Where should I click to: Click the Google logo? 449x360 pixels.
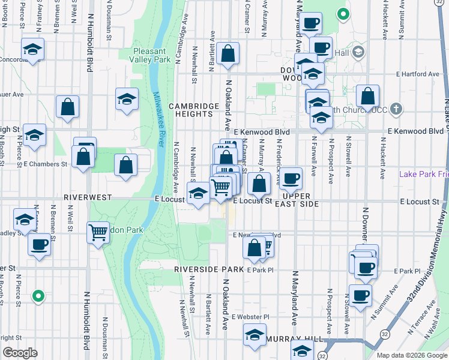pos(20,353)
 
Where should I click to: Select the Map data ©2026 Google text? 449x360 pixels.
pos(412,355)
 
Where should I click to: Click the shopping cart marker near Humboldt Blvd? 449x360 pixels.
pos(98,232)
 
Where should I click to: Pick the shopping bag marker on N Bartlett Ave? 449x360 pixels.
pos(228,53)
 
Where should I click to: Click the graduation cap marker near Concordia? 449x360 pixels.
pos(33,49)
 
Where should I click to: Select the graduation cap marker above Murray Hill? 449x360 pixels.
pos(255,334)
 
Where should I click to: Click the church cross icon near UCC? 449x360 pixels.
pos(396,109)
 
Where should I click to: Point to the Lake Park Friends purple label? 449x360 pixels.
pos(424,174)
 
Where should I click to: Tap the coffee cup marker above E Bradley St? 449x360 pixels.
pos(40,244)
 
